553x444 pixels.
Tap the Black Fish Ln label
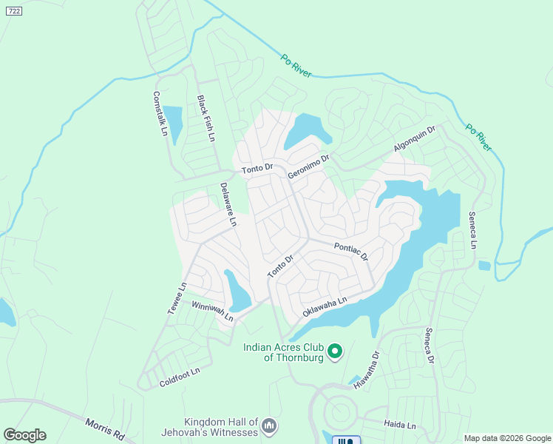[206, 118]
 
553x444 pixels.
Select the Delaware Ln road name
[228, 204]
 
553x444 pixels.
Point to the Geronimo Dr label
[308, 165]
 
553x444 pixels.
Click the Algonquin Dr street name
[415, 138]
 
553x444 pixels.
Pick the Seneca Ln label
[473, 230]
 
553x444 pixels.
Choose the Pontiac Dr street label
[350, 252]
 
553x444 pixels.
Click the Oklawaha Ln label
[325, 308]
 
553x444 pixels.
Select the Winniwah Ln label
[212, 312]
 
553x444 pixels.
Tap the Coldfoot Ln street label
[180, 377]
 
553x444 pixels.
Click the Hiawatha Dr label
[366, 369]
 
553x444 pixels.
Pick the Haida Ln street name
[400, 425]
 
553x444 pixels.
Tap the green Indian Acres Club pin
[335, 351]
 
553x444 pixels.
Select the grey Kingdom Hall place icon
[269, 425]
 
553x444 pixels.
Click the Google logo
[24, 435]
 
